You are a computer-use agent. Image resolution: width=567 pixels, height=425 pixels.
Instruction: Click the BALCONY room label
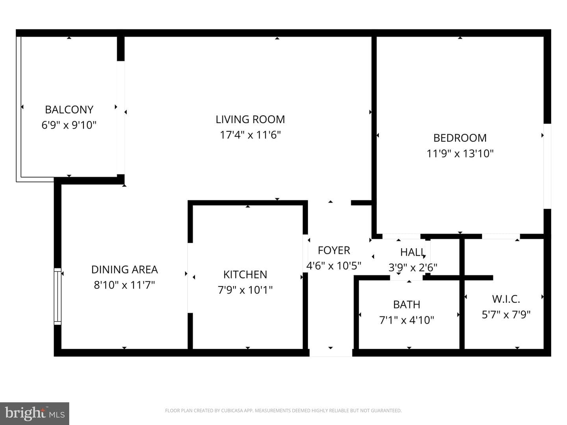(x=69, y=110)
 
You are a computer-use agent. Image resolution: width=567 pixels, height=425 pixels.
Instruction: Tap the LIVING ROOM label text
(x=250, y=120)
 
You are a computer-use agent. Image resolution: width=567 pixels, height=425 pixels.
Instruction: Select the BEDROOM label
(x=460, y=138)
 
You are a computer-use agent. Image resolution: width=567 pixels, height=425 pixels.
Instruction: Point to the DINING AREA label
(x=124, y=270)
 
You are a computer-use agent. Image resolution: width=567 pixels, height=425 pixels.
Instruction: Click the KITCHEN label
(x=245, y=275)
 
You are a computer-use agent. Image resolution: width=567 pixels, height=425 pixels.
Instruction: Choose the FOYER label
(x=334, y=250)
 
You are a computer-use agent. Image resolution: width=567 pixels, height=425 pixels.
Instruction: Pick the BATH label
(x=407, y=305)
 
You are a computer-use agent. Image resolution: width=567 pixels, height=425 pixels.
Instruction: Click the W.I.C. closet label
(x=506, y=299)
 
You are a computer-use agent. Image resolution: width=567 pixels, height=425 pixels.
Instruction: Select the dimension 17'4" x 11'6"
(x=250, y=135)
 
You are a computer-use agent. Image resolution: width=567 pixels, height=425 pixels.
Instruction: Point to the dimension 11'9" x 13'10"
(x=460, y=153)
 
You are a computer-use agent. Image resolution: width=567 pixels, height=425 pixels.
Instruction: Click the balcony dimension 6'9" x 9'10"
(x=69, y=125)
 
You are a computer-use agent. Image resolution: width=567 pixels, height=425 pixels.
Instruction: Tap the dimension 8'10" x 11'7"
(x=124, y=285)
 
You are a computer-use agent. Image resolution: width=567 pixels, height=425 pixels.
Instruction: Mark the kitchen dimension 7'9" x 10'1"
(x=245, y=290)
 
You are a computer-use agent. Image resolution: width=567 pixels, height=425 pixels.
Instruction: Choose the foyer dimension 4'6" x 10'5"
(x=334, y=266)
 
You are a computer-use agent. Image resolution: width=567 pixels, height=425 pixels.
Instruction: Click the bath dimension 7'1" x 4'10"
(x=406, y=320)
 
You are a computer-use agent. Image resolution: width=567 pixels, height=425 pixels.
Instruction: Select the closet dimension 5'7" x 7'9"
(x=506, y=315)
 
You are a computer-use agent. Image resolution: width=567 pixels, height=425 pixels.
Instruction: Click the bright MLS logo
(x=35, y=414)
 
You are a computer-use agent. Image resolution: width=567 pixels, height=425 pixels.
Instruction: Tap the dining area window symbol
(x=57, y=296)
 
